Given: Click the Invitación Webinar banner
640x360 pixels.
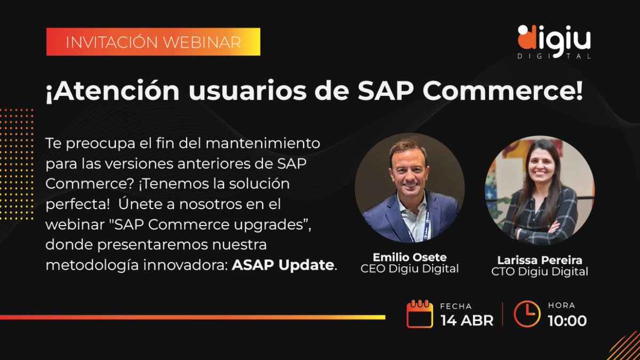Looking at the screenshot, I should [153, 42].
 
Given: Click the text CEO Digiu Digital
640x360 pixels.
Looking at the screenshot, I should [410, 269].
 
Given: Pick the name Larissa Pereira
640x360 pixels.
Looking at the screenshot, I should [540, 260].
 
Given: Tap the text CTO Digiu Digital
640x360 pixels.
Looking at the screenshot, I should [540, 272].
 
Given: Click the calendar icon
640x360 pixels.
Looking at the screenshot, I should [420, 314].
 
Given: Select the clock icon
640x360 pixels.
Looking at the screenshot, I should [527, 314].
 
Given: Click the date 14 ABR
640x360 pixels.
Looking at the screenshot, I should [467, 320].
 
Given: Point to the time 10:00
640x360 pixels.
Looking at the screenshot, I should [567, 320].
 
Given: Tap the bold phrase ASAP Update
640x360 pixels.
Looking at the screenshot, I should [283, 265].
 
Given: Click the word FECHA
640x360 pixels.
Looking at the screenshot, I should [455, 306].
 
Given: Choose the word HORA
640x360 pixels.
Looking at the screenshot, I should [562, 306].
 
